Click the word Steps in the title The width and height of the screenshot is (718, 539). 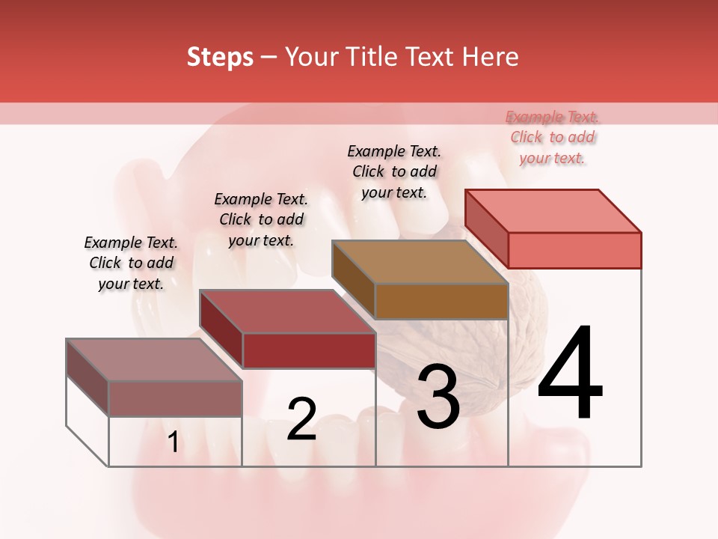pyautogui.click(x=219, y=57)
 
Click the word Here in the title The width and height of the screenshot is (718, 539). pyautogui.click(x=490, y=57)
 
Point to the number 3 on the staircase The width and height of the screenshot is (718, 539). pyautogui.click(x=438, y=397)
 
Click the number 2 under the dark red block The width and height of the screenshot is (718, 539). pyautogui.click(x=301, y=419)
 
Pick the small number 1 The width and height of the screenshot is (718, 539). pyautogui.click(x=173, y=442)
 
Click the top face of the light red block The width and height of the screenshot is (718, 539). pyautogui.click(x=553, y=210)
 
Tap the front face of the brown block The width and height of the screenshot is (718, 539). pyautogui.click(x=441, y=302)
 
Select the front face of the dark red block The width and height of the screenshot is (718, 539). pyautogui.click(x=308, y=350)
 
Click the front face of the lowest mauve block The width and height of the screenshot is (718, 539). pyautogui.click(x=175, y=398)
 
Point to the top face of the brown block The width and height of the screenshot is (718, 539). pyautogui.click(x=419, y=262)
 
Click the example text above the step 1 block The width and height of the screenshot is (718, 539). pyautogui.click(x=131, y=263)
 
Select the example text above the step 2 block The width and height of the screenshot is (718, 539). pyautogui.click(x=261, y=219)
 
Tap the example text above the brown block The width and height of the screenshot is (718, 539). pyautogui.click(x=394, y=171)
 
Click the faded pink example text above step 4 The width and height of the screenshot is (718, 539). pyautogui.click(x=553, y=137)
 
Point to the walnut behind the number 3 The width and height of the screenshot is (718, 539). pyautogui.click(x=479, y=352)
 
